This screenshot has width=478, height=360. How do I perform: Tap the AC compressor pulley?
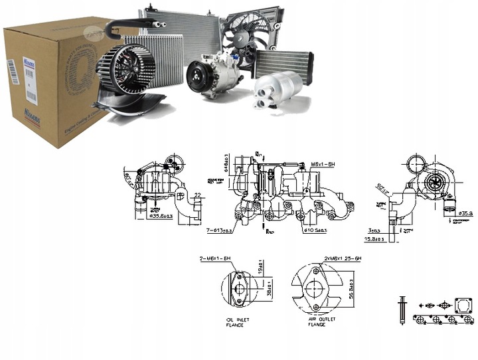coord(197,77)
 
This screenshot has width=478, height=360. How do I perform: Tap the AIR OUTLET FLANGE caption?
coord(322,322)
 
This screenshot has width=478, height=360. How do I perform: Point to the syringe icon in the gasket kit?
coord(401,308)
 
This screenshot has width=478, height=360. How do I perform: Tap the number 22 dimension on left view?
coord(197,195)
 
